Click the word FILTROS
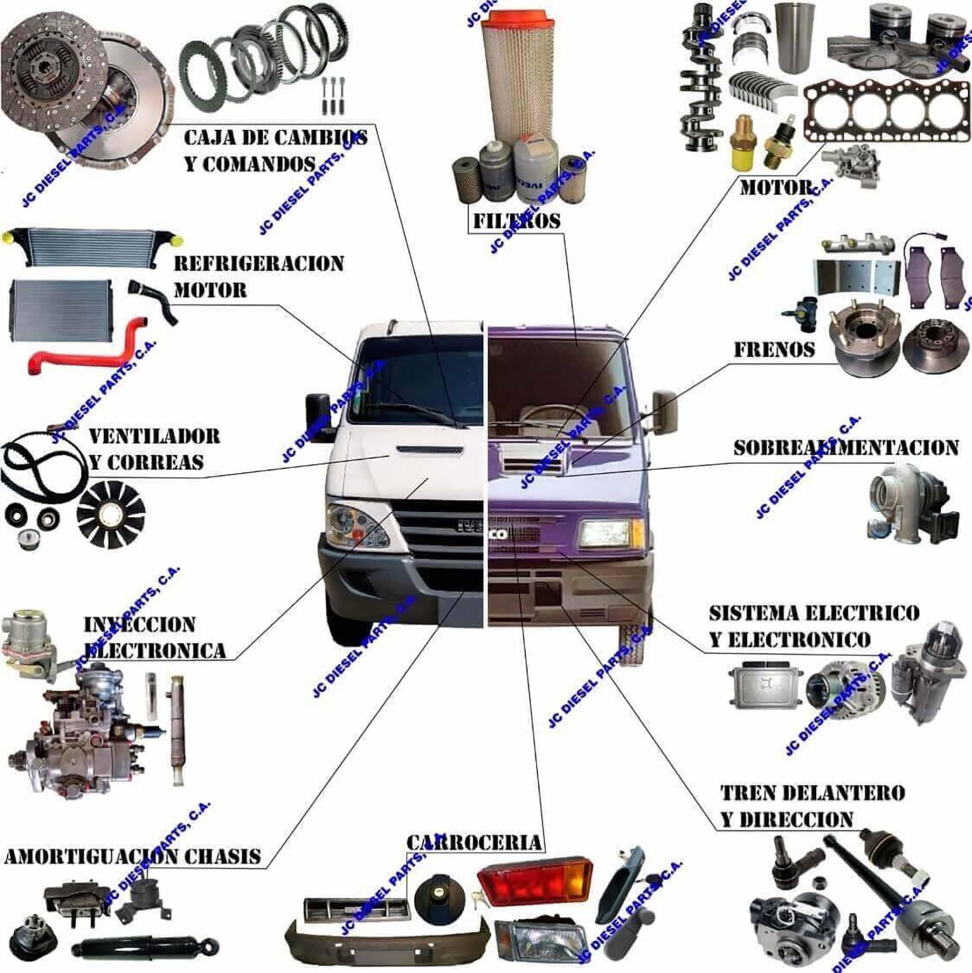(x=517, y=221)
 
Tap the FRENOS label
(x=774, y=350)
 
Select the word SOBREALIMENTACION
(x=846, y=448)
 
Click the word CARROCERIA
(x=474, y=841)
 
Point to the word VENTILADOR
(x=154, y=436)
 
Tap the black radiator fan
(x=111, y=514)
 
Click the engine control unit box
(x=763, y=687)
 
